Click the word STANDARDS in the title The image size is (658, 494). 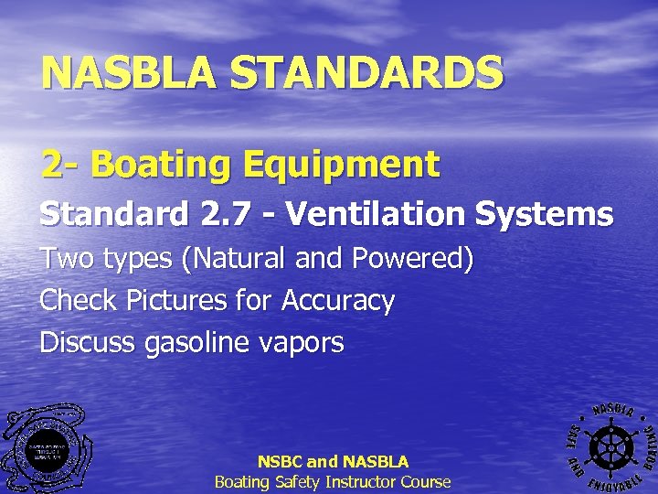pos(366,73)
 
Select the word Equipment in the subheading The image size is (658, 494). pos(334,166)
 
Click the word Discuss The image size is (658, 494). pos(88,343)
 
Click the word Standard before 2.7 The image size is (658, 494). pos(111,214)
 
